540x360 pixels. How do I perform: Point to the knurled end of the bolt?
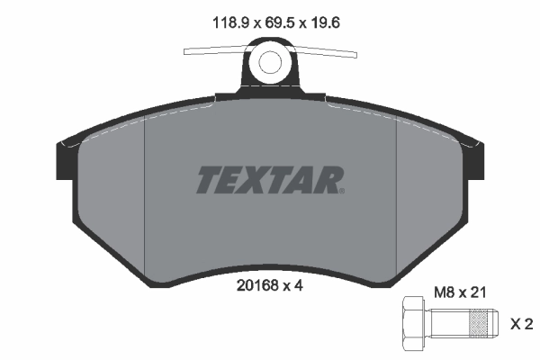480,322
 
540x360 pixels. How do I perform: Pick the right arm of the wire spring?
328,51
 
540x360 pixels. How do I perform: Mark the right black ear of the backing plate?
474,157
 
